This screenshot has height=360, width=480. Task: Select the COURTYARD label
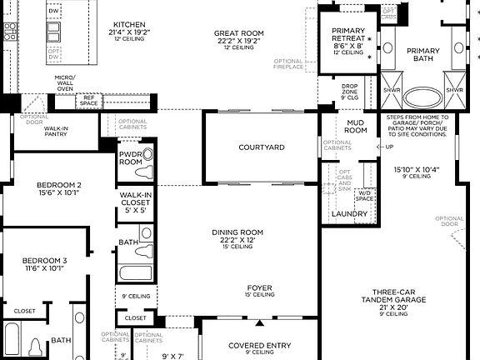click(262, 147)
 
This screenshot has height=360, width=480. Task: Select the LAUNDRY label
click(350, 213)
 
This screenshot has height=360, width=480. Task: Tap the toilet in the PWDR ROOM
click(147, 155)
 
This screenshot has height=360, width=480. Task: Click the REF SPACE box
click(87, 100)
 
